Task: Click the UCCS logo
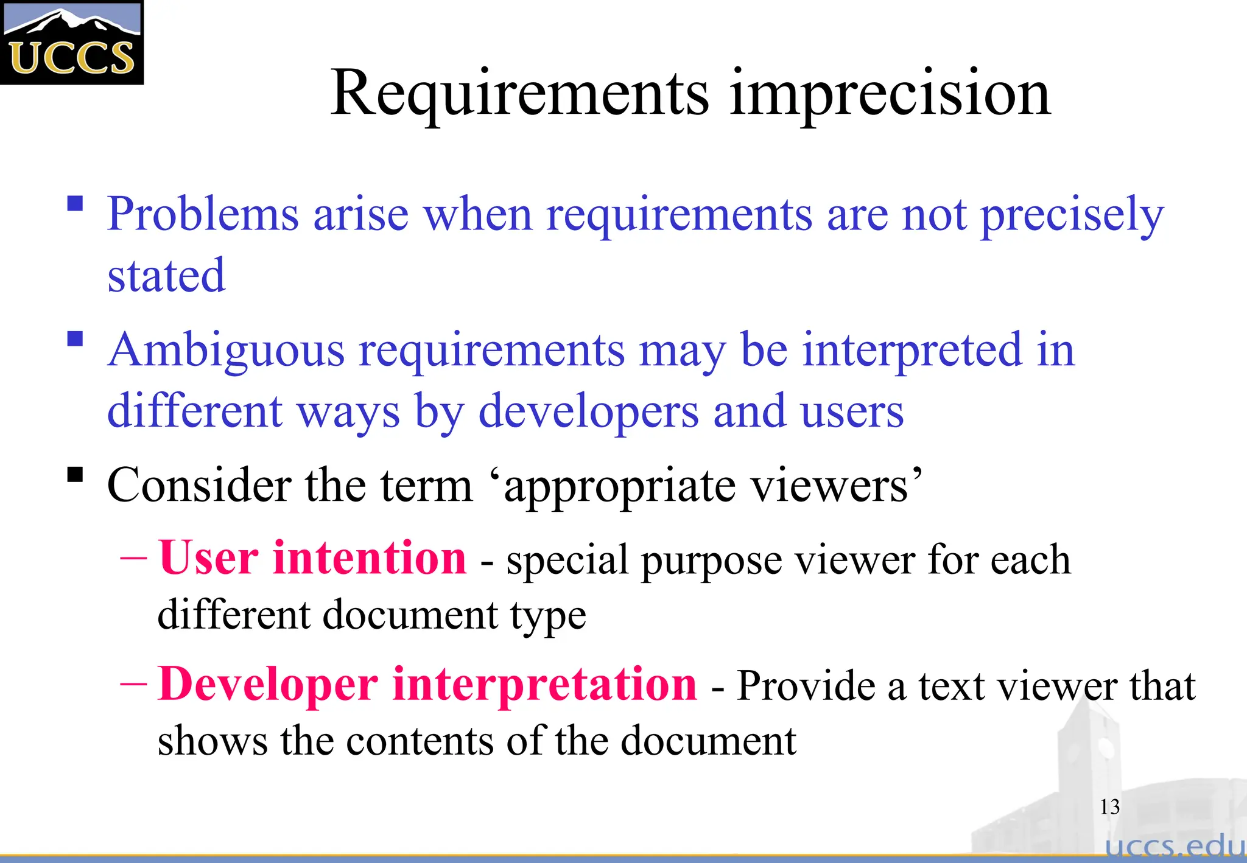coord(71,42)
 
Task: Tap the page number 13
coord(1109,807)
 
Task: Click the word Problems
coord(203,214)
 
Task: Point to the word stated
coord(166,276)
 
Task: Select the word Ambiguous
coord(226,351)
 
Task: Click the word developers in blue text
coord(588,412)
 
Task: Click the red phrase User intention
coord(312,557)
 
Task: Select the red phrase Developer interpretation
coord(427,684)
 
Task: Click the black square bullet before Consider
coord(75,474)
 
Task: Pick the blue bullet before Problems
coord(75,203)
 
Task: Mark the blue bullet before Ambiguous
coord(75,339)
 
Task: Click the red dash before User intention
coord(133,556)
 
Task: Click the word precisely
coord(1072,214)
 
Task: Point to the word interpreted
coord(912,351)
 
